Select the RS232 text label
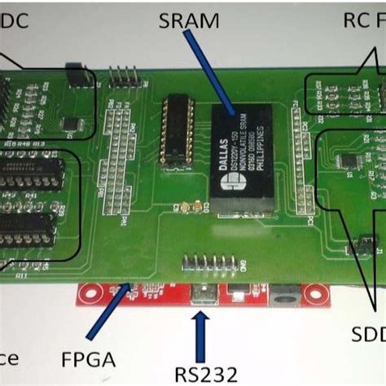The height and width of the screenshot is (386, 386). click(x=206, y=374)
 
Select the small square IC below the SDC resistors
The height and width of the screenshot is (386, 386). click(x=71, y=123)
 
